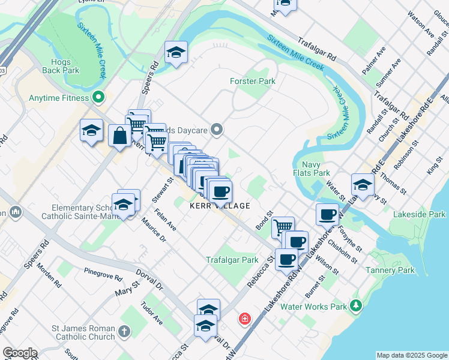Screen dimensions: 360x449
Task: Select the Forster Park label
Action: coord(252,81)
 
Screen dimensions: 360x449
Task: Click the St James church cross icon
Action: coord(124,331)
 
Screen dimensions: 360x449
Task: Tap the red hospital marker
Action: coord(244,318)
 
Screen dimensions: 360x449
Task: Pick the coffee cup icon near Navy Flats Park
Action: coord(327,214)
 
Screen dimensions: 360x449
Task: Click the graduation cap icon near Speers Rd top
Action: coord(176,52)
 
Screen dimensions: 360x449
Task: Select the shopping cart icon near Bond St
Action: coord(283,227)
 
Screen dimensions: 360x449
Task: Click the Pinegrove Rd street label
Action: coord(103,275)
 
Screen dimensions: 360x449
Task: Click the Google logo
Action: coord(20,353)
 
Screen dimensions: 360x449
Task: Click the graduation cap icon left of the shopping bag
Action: coord(92,130)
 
